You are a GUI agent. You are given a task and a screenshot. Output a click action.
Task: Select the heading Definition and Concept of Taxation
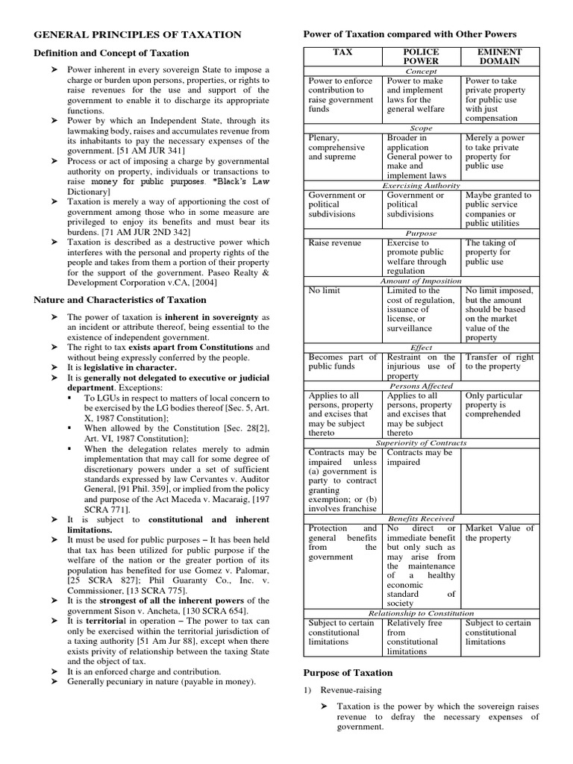(x=111, y=53)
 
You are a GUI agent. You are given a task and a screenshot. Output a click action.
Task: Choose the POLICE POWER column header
(x=421, y=57)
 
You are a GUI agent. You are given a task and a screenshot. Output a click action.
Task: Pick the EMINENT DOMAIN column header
(x=498, y=57)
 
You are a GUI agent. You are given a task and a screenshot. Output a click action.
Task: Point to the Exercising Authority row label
(x=421, y=185)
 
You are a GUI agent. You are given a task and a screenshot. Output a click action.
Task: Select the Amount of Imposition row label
(x=421, y=281)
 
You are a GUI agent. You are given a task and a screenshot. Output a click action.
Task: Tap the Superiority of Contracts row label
(x=421, y=442)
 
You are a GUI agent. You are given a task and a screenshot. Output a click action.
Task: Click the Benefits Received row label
(x=421, y=518)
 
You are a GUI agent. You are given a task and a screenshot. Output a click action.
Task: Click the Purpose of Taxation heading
(x=346, y=672)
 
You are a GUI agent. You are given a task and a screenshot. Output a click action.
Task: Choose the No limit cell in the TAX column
(x=324, y=290)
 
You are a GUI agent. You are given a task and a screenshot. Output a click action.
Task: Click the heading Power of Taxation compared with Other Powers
(x=408, y=34)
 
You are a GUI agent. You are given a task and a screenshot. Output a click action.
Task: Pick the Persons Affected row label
(x=421, y=386)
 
